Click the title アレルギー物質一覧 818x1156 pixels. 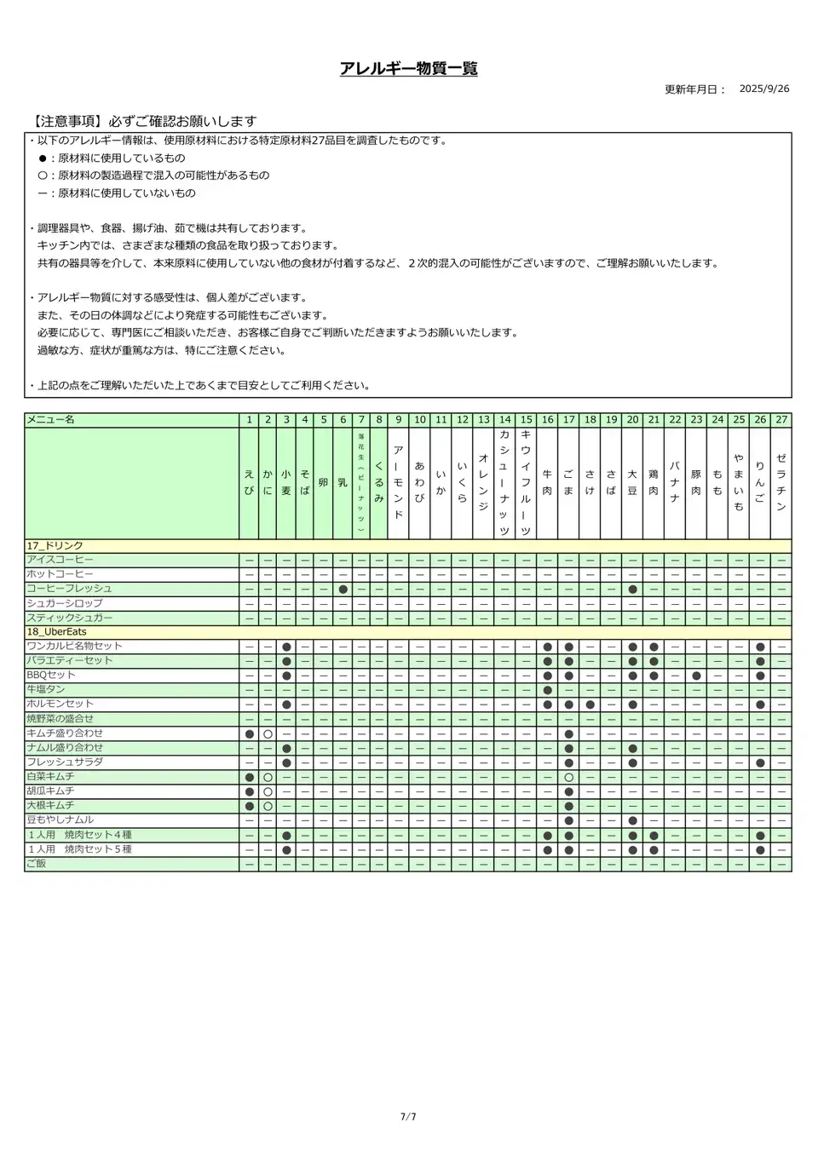click(408, 69)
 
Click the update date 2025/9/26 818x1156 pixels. click(763, 89)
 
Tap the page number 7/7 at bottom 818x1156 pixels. click(408, 1117)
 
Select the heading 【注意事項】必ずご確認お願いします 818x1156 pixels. click(141, 122)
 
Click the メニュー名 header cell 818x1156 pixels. click(51, 420)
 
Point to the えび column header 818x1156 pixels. click(249, 482)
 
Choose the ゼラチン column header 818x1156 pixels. click(781, 482)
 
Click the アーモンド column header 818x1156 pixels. click(398, 482)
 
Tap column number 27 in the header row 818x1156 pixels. click(781, 420)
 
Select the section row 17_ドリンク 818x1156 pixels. click(55, 546)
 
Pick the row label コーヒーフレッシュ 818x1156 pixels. click(69, 589)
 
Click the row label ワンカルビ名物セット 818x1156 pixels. click(75, 647)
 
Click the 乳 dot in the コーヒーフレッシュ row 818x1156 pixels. click(343, 589)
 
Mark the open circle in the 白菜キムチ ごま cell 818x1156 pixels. click(568, 777)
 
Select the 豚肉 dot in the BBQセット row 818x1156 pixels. click(696, 676)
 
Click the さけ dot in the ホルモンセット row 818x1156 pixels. click(590, 705)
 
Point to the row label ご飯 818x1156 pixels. click(37, 864)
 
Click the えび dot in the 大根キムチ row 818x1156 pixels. click(249, 806)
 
